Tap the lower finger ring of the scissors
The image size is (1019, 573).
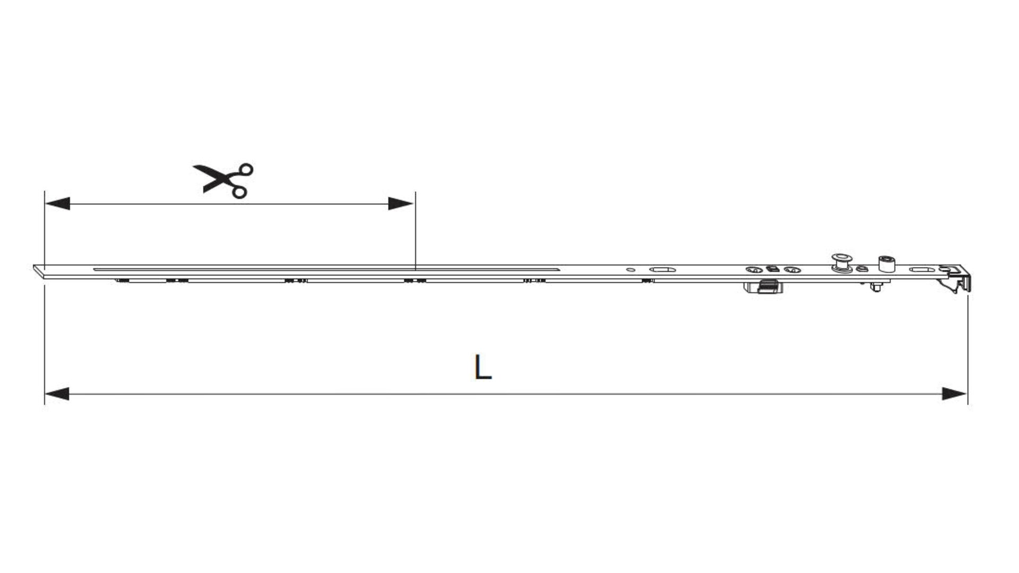point(239,192)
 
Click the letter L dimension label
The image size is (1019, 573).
point(482,367)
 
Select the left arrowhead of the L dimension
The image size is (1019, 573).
point(57,394)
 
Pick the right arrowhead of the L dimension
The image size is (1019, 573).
point(955,394)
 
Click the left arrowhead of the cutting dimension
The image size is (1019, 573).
point(57,204)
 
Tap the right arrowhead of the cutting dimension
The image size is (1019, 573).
point(401,204)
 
